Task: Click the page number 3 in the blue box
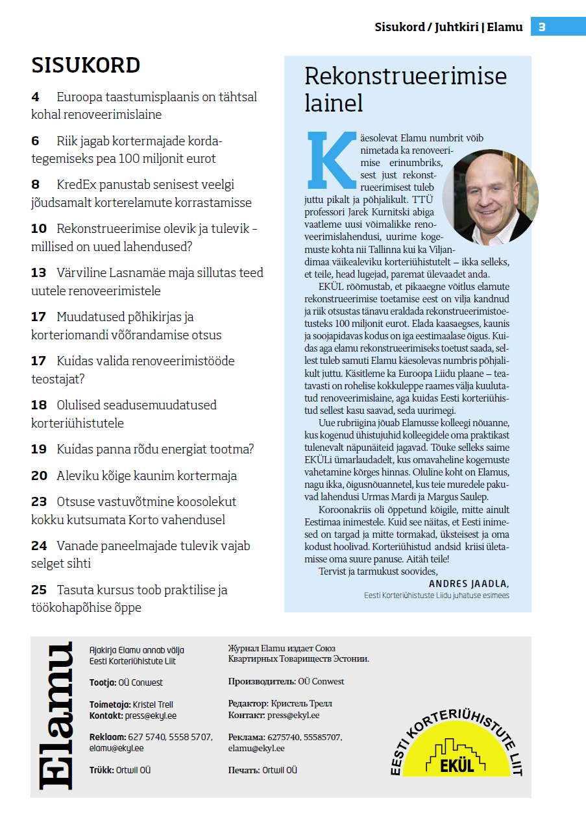[x=542, y=27]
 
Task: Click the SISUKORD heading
[x=86, y=66]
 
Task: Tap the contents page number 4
[x=35, y=97]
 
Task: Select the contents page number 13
[x=39, y=273]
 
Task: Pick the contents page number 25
[x=39, y=590]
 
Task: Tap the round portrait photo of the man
[x=491, y=197]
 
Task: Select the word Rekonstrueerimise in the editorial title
[x=406, y=77]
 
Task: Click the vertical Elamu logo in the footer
[x=56, y=716]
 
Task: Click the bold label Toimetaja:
[x=110, y=705]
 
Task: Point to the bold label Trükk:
[x=101, y=770]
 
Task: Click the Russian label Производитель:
[x=262, y=682]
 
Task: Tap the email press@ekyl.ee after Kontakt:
[x=151, y=716]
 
